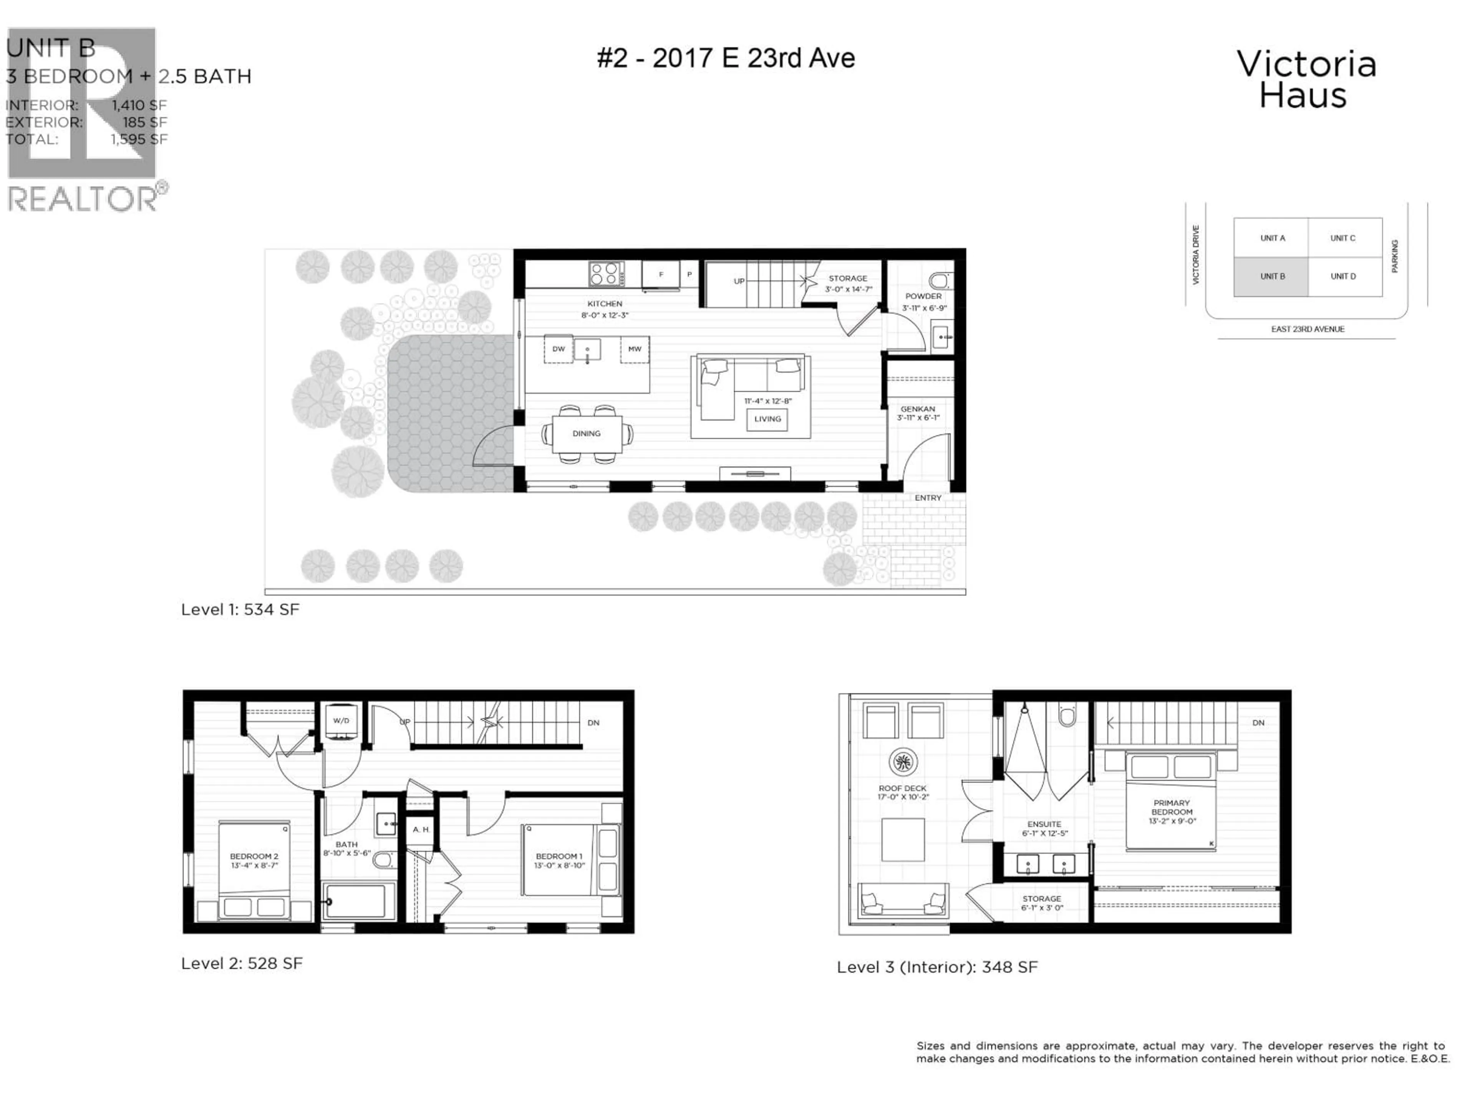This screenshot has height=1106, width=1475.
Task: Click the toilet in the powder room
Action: point(940,281)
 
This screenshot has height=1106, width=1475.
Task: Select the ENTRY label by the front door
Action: point(928,498)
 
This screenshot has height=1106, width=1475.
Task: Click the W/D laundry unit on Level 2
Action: point(341,721)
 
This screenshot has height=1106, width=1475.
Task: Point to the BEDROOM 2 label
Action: point(254,857)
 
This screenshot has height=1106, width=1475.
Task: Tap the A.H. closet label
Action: point(421,830)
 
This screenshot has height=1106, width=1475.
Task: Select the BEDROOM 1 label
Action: point(559,857)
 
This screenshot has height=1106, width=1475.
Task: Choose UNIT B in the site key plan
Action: point(1272,276)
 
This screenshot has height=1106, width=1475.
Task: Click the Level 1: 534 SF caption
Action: point(240,610)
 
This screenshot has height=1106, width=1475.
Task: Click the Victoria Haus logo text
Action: point(1306,80)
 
